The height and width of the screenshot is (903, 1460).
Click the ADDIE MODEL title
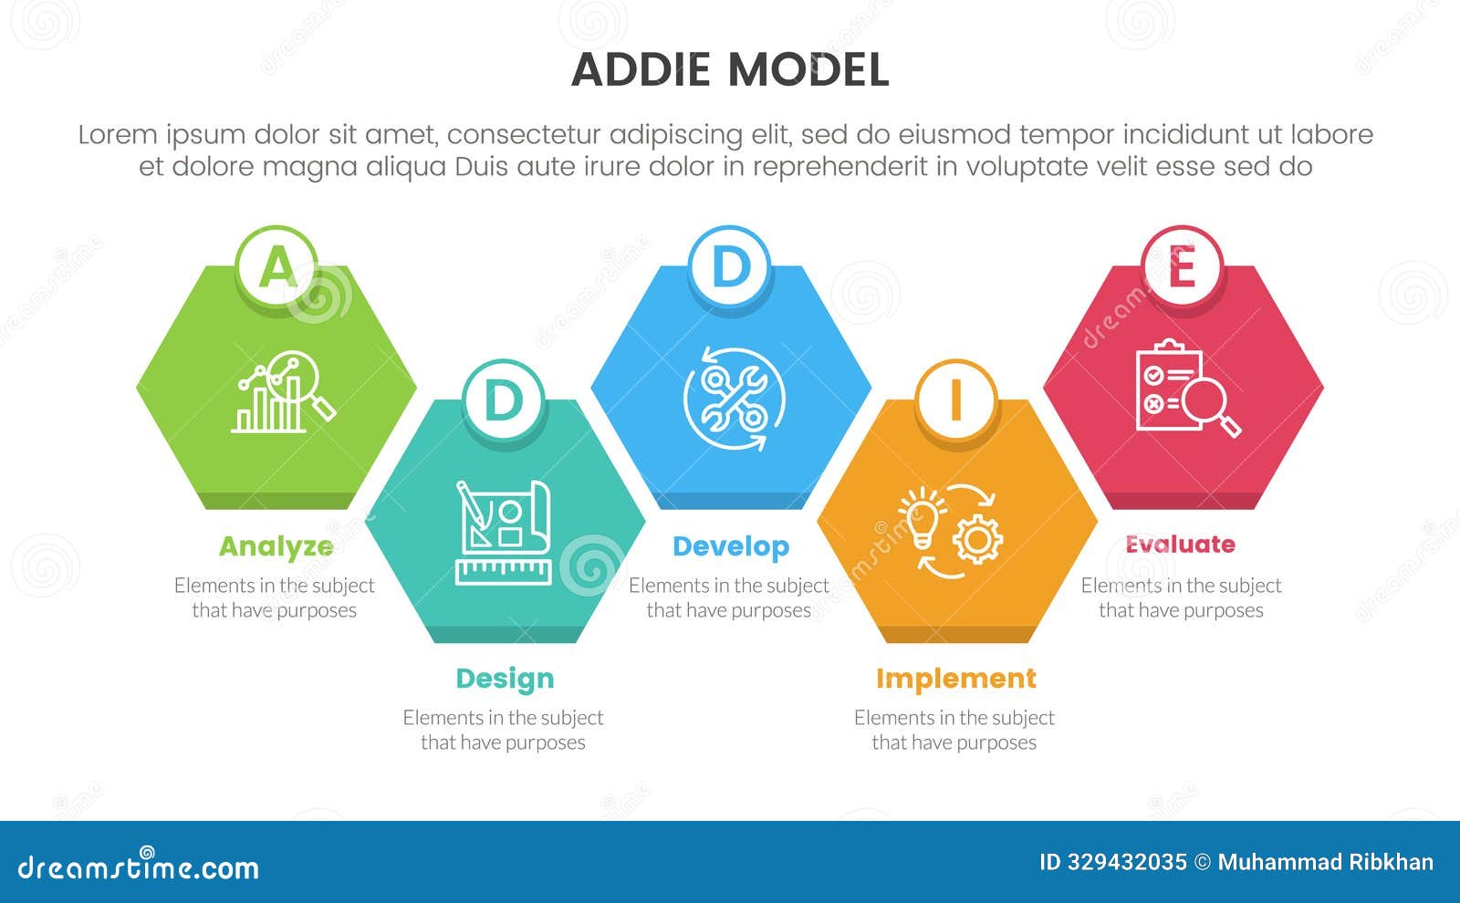730,70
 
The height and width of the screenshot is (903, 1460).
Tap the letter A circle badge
276,267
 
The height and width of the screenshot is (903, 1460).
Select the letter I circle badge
955,400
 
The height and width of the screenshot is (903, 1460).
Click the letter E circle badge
1182,267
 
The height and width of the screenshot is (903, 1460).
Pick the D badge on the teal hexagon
504,400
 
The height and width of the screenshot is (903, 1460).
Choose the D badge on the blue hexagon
730,267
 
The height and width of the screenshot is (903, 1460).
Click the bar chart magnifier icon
283,394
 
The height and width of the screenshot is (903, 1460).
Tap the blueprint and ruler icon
504,532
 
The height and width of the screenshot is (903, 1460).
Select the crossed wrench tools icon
733,399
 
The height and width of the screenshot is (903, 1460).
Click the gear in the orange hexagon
977,538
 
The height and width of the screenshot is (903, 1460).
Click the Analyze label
276,546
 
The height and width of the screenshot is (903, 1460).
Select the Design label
505,679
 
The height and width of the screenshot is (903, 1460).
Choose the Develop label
730,546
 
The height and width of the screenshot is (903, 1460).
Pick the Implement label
955,679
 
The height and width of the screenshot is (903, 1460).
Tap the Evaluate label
1180,545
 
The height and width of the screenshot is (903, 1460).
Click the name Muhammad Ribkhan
1325,862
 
